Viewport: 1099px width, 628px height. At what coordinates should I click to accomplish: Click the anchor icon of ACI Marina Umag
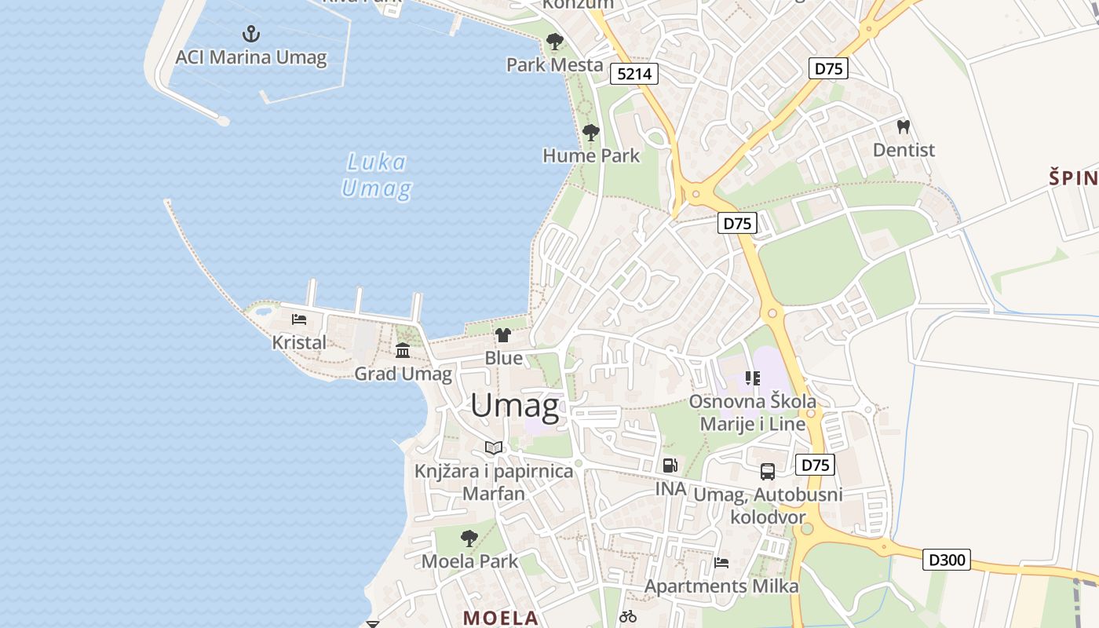tap(251, 34)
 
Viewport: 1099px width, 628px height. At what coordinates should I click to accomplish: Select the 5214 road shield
tap(634, 75)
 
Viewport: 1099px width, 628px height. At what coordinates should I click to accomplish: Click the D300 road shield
tap(947, 560)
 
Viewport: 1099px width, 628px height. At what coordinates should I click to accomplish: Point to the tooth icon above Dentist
tap(904, 126)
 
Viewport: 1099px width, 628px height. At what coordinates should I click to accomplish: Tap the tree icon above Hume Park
tap(591, 133)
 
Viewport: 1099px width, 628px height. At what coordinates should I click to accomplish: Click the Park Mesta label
tap(554, 65)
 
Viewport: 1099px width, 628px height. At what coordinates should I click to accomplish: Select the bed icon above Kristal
tap(299, 319)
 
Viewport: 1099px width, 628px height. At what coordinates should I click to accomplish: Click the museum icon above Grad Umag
tap(403, 350)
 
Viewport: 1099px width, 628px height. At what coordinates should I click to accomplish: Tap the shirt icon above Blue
tap(503, 335)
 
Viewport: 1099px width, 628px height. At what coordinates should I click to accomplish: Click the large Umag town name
tap(515, 406)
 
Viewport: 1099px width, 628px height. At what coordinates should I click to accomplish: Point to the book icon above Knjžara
tap(493, 447)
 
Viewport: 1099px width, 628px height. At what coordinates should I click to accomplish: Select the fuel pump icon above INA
tap(670, 465)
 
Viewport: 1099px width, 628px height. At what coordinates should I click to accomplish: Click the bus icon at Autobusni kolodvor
tap(768, 472)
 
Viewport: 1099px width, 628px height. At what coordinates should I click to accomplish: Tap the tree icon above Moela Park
tap(469, 539)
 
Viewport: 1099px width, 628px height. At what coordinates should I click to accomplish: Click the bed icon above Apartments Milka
tap(721, 562)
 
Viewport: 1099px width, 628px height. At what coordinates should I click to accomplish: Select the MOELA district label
tap(501, 618)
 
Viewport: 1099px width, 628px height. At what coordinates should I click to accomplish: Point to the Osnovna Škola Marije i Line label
tap(753, 413)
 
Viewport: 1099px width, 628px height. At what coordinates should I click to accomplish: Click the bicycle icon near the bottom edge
tap(628, 617)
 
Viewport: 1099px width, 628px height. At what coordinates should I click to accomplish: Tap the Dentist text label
tap(904, 150)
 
